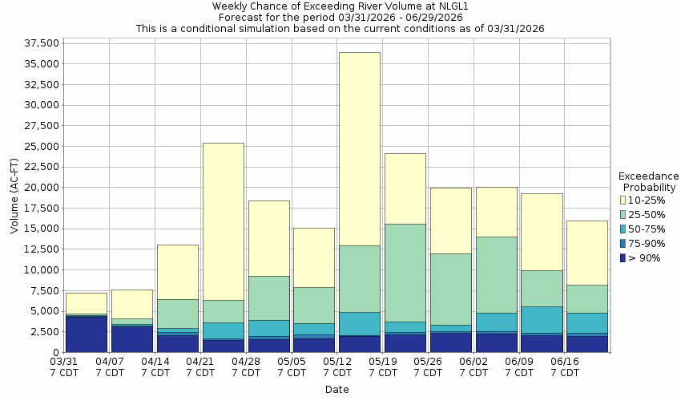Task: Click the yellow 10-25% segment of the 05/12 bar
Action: tap(359, 148)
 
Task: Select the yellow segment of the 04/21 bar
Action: tap(223, 221)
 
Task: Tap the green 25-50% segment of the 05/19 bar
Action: tap(405, 273)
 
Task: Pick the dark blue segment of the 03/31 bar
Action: tap(86, 334)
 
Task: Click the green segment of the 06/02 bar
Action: tap(496, 274)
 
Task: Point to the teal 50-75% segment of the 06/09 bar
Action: tap(541, 319)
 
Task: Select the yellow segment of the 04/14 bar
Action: tap(177, 272)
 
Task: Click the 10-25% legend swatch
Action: tap(624, 200)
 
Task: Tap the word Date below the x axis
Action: tap(336, 390)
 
